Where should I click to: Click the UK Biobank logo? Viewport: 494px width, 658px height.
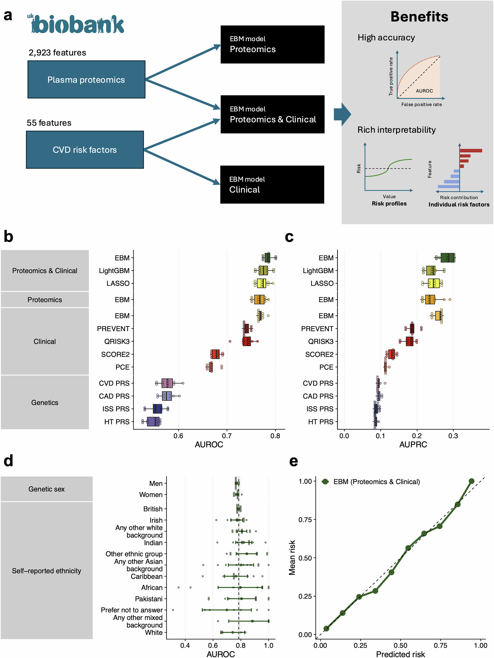[x=76, y=24]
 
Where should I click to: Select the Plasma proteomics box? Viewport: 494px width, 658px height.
[x=86, y=79]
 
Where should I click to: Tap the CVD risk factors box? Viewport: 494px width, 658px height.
[x=85, y=149]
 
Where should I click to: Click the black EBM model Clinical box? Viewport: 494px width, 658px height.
[x=272, y=185]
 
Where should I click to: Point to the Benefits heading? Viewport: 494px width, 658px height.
[x=419, y=17]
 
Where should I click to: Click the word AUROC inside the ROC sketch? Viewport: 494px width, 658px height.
[x=424, y=91]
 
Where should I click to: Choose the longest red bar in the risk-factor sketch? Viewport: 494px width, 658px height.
[x=471, y=151]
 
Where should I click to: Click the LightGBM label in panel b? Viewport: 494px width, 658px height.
[x=114, y=271]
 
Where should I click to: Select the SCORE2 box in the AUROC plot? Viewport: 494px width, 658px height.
[x=215, y=354]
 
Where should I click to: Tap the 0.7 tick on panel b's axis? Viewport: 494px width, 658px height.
[x=227, y=436]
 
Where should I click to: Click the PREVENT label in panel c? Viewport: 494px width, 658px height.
[x=317, y=329]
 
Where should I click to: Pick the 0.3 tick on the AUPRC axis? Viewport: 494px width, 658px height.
[x=453, y=436]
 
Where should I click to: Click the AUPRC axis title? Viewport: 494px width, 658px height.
[x=413, y=445]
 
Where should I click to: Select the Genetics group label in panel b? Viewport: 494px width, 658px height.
[x=44, y=402]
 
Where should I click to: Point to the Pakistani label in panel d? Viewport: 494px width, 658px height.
[x=149, y=599]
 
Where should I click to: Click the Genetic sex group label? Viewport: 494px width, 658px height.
[x=46, y=489]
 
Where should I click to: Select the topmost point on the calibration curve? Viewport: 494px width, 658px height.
[x=471, y=481]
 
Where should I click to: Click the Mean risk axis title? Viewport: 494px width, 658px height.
[x=292, y=557]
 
